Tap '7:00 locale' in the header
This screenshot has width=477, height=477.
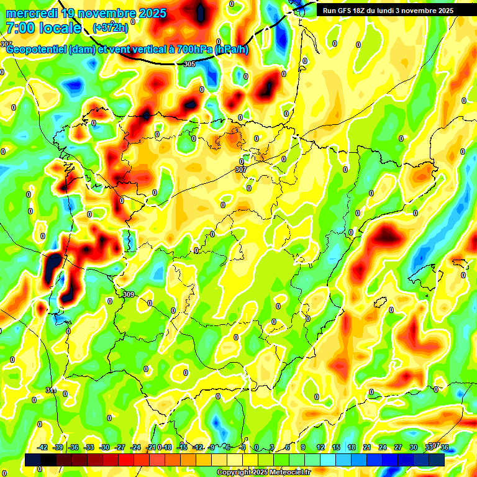[x=43, y=28]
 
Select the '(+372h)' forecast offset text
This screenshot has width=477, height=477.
[x=111, y=27]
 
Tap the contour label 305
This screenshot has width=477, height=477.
[x=189, y=64]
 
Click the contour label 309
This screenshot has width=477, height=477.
[x=129, y=294]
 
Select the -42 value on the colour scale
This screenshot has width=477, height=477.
[x=43, y=447]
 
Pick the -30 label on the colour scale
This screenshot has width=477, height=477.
[x=105, y=447]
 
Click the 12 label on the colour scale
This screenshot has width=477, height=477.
[x=320, y=447]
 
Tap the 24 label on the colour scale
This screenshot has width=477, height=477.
[x=383, y=447]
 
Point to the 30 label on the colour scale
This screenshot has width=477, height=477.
[x=414, y=447]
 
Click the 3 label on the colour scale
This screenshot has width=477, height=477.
[x=272, y=447]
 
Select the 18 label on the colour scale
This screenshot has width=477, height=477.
[x=352, y=447]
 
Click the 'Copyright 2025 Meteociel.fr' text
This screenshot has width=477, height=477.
[x=263, y=473]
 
